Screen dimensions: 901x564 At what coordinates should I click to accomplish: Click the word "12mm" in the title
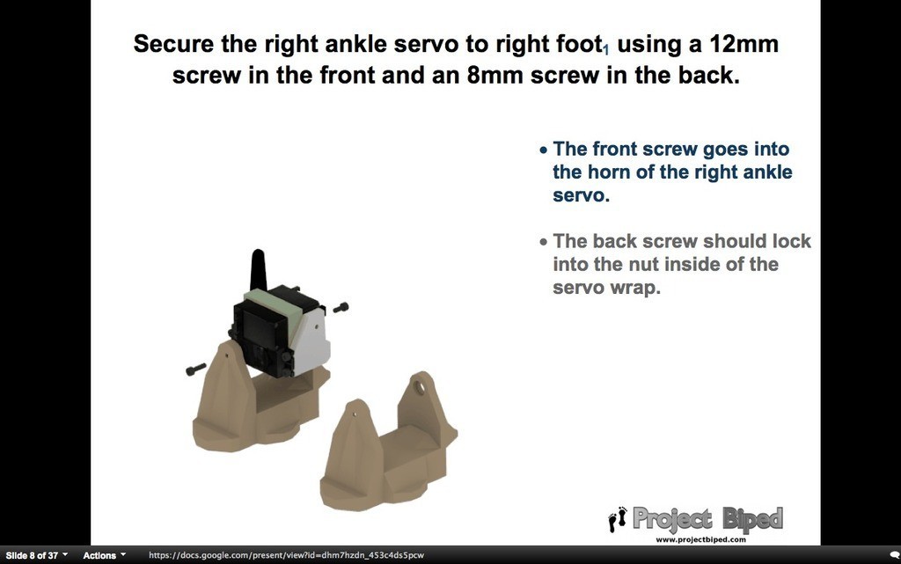744,44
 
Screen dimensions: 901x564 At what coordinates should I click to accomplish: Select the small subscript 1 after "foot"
606,52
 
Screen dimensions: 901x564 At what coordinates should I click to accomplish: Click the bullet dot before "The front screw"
544,150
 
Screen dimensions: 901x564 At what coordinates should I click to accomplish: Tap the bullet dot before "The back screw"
544,242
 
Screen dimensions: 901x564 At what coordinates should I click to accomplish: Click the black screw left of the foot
196,370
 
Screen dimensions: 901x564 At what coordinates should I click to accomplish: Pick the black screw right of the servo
341,308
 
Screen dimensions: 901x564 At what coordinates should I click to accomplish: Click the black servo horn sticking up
258,269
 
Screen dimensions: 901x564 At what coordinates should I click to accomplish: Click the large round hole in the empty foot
420,387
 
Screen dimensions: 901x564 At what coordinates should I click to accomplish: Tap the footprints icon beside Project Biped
618,519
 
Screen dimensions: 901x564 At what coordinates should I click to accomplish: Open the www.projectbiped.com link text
700,540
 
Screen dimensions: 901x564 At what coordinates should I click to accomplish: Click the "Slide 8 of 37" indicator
33,555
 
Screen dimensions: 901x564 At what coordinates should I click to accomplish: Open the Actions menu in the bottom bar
104,555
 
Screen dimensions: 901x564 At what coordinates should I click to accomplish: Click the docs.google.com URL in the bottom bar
286,555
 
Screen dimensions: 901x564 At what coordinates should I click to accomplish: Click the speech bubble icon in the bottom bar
895,555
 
